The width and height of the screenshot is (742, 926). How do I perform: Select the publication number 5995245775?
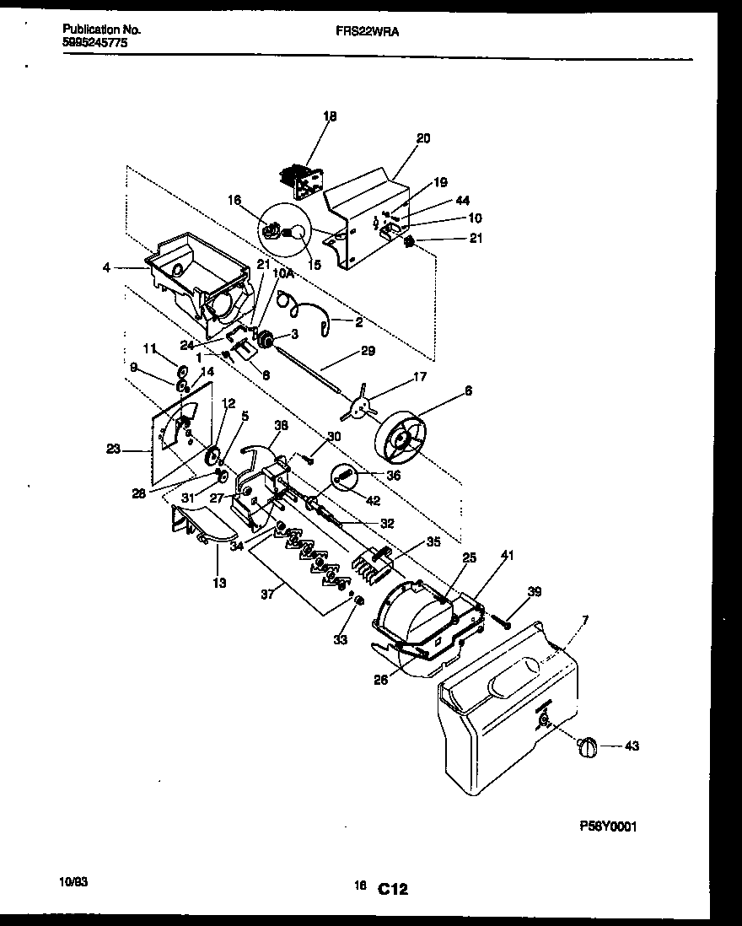click(95, 41)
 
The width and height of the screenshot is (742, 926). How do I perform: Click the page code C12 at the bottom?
click(392, 888)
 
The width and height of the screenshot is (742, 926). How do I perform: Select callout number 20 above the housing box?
click(422, 138)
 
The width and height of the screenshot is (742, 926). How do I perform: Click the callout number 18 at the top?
click(330, 116)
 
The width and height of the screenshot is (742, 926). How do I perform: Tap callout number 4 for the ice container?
click(106, 269)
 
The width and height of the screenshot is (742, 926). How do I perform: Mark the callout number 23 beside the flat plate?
click(113, 450)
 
